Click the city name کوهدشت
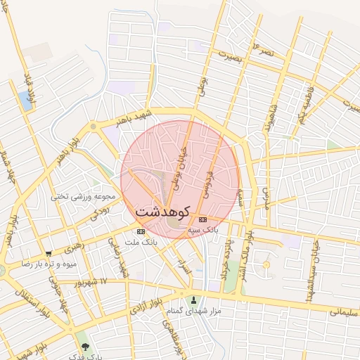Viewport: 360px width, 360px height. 163,210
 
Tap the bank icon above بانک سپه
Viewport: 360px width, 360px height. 203,219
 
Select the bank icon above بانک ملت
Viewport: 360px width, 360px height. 141,231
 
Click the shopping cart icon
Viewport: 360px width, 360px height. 49,254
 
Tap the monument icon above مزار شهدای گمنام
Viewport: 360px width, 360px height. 194,300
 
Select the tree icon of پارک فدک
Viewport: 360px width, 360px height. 86,347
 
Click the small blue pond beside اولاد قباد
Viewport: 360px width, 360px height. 27,101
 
